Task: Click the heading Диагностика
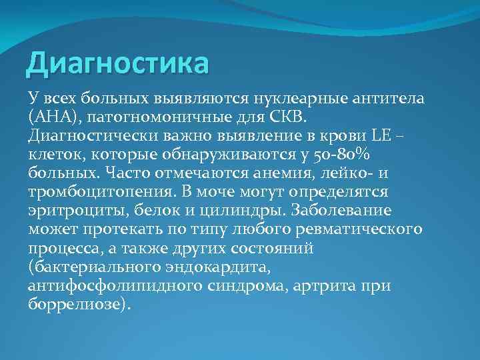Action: click(x=117, y=65)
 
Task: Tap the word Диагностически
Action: click(x=90, y=136)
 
